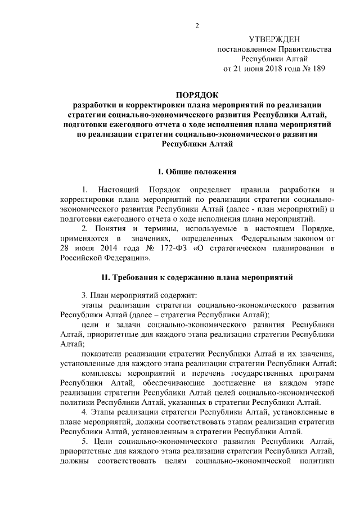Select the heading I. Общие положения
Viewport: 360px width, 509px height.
196,171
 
